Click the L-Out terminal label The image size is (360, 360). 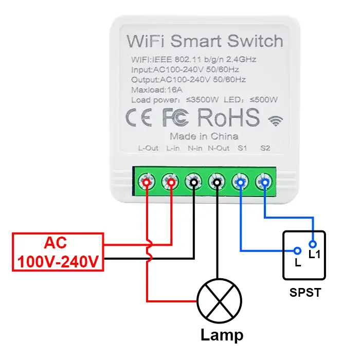pyautogui.click(x=148, y=149)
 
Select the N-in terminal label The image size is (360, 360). pyautogui.click(x=194, y=149)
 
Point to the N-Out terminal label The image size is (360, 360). pyautogui.click(x=218, y=149)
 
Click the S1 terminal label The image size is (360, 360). pyautogui.click(x=242, y=149)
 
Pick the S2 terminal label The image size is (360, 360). pyautogui.click(x=265, y=149)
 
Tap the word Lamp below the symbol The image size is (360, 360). pyautogui.click(x=222, y=335)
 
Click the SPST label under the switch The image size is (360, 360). pyautogui.click(x=305, y=293)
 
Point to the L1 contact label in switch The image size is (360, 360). pyautogui.click(x=314, y=254)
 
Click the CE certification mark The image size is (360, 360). pyautogui.click(x=139, y=118)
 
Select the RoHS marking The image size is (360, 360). pyautogui.click(x=228, y=118)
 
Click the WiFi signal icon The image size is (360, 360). pyautogui.click(x=276, y=121)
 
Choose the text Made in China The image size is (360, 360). pyautogui.click(x=204, y=136)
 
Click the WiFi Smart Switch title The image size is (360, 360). pyautogui.click(x=204, y=41)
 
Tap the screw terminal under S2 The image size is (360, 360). pyautogui.click(x=264, y=182)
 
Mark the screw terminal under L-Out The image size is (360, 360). pyautogui.click(x=147, y=182)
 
